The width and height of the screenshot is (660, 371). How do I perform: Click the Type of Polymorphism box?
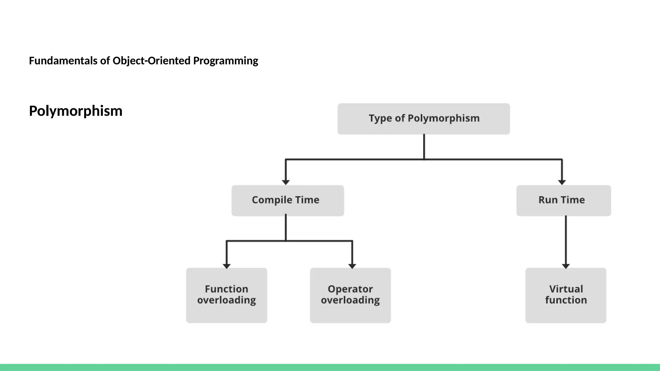[x=423, y=119]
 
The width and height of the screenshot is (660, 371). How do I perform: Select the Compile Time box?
[x=287, y=200]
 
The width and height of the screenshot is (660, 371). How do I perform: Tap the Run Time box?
[x=563, y=200]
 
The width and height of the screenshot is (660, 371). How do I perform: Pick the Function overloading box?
[x=227, y=295]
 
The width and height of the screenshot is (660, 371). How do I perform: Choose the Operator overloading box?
[x=350, y=295]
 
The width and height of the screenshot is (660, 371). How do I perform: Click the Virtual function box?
[x=566, y=295]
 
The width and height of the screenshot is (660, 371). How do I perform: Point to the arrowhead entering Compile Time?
[x=286, y=182]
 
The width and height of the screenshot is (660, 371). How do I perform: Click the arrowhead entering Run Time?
[x=562, y=182]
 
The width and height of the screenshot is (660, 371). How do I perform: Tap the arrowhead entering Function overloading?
[x=227, y=266]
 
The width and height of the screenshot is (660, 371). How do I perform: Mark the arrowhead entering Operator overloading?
[x=352, y=266]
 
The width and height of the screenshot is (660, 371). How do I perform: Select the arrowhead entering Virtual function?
[x=566, y=266]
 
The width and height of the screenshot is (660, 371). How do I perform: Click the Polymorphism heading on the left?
[x=76, y=111]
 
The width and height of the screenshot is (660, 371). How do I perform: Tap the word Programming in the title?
[x=226, y=61]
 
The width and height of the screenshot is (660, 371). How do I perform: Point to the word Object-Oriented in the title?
[x=151, y=61]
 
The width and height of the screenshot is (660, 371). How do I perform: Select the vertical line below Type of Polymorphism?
[x=424, y=147]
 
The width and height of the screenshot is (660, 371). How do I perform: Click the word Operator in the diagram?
[x=350, y=289]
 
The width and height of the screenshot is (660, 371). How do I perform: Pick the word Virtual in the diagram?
[x=566, y=289]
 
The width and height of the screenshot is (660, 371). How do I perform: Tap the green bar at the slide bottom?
[x=330, y=367]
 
